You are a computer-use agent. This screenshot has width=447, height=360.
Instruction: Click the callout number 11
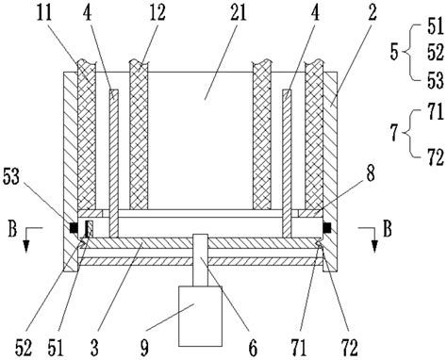(44, 13)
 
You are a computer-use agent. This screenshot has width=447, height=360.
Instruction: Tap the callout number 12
(157, 13)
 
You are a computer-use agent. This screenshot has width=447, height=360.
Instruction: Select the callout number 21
(237, 13)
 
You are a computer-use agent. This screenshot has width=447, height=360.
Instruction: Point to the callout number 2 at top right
(372, 13)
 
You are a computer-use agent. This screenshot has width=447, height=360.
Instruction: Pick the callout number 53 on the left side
(12, 177)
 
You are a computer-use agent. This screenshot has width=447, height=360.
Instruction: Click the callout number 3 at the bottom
(94, 348)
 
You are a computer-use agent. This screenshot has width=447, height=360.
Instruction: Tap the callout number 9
(144, 348)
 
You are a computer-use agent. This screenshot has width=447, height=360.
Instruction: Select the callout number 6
(253, 348)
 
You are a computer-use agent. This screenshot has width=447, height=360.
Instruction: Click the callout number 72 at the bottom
(350, 348)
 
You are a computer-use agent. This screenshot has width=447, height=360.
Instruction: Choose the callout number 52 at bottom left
(24, 348)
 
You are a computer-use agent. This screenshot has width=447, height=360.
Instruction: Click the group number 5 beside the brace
(394, 52)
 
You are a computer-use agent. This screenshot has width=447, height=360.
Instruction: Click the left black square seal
(74, 228)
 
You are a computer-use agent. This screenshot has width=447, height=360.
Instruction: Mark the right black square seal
(327, 228)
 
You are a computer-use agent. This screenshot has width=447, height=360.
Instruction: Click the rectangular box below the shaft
(200, 316)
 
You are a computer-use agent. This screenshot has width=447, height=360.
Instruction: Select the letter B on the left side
(12, 229)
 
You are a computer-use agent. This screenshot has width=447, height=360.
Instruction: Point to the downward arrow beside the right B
(374, 239)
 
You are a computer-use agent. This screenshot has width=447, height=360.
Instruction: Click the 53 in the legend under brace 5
(436, 79)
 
